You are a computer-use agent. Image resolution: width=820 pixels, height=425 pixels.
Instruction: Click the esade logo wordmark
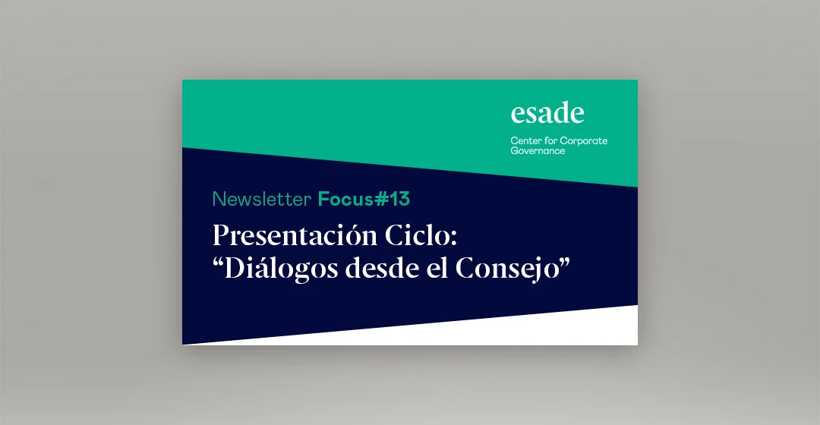(547, 114)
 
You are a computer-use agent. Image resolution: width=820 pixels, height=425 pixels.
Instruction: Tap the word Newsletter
(262, 200)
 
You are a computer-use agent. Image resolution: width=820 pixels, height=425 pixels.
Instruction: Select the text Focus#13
(364, 200)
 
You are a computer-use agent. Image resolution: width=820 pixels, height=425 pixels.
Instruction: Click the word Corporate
(584, 141)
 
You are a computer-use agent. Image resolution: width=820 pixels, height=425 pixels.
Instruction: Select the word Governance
(538, 151)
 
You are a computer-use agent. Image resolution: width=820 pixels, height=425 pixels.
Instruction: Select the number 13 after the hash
(399, 200)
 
